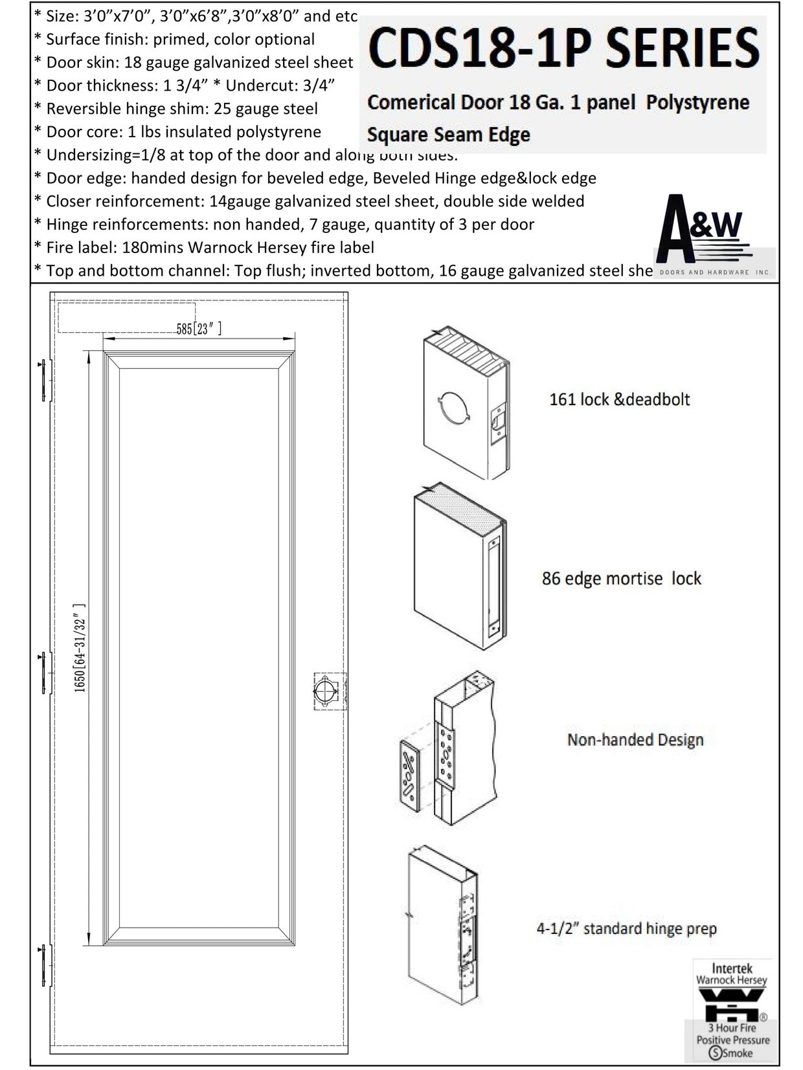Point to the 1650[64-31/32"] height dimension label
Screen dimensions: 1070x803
point(80,647)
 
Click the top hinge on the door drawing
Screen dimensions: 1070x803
point(43,381)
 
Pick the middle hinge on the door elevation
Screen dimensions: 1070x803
point(43,673)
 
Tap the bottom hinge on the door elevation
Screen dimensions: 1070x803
point(43,966)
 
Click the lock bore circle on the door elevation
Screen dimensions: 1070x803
point(325,691)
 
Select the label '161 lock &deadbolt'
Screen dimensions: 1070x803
point(619,399)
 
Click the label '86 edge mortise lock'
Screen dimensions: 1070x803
point(621,578)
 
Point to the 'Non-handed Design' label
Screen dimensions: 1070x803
point(635,739)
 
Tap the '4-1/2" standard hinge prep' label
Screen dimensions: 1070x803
point(626,929)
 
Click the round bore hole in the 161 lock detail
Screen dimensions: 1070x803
point(453,408)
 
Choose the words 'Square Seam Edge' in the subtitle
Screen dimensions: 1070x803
point(448,135)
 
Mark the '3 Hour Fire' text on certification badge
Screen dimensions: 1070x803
point(732,1027)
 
